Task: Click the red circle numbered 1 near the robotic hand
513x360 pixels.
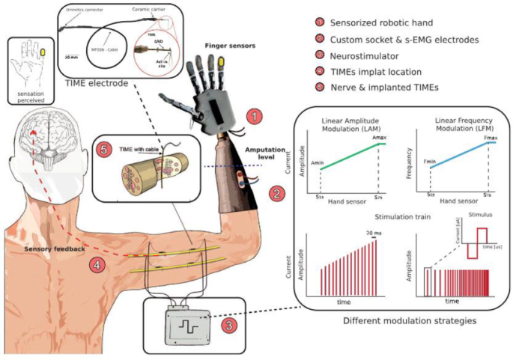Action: (256, 117)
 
